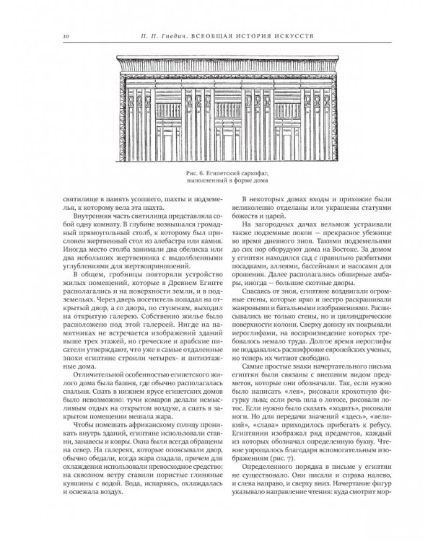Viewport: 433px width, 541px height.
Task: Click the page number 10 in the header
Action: [45, 35]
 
